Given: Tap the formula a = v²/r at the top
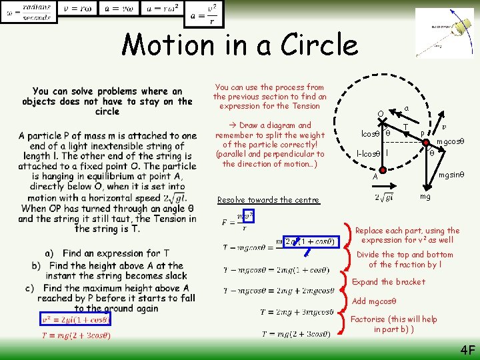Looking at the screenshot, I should coord(205,13).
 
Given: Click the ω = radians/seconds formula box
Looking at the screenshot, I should coord(28,11).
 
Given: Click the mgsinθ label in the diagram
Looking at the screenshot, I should coord(451,175).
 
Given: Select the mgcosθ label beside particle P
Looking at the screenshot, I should coord(451,141).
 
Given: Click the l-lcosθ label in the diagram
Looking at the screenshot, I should coord(368,153).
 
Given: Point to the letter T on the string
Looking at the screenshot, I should coord(405,127).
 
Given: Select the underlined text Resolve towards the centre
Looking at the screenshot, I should coord(269,200).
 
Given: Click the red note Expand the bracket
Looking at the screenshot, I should coord(388,282).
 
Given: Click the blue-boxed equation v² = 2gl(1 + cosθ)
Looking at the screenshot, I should coord(76,320).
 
